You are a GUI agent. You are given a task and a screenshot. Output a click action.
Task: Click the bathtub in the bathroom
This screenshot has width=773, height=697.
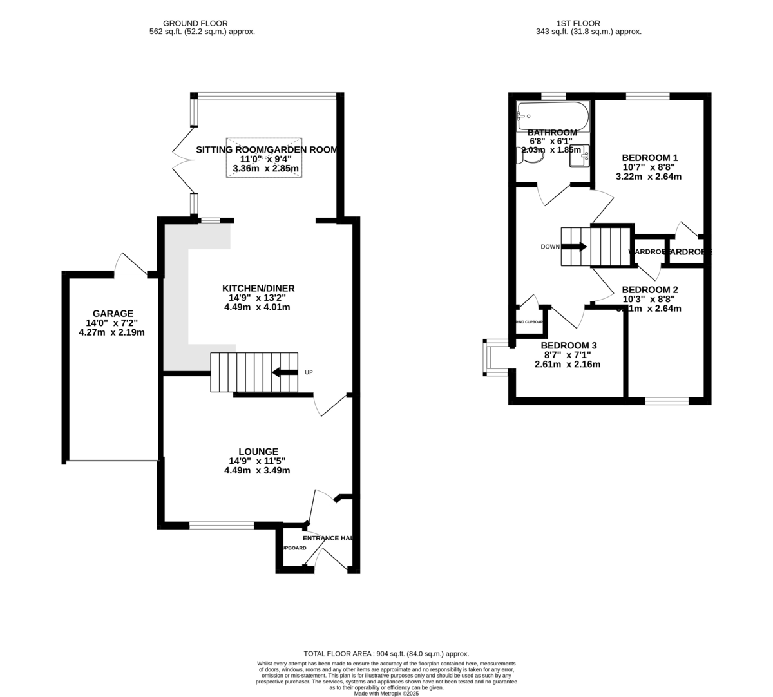553,116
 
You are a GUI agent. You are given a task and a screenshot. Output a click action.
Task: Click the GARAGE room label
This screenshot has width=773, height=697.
112,314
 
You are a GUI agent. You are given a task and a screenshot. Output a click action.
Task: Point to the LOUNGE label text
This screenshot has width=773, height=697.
258,452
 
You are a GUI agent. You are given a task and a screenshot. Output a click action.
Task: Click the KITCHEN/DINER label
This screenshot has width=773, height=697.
258,288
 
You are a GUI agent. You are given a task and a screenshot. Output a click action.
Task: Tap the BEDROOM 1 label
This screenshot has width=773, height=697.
649,157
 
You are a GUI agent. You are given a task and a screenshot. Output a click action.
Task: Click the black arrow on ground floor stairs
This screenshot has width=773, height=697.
283,372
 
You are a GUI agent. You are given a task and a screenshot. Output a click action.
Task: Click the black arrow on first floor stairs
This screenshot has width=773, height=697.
574,246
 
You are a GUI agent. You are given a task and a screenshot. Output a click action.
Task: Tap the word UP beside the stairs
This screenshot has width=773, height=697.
309,372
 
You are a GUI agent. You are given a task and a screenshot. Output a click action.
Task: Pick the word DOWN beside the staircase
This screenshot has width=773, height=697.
549,247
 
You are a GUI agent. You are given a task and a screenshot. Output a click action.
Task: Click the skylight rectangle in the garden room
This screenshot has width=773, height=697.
263,157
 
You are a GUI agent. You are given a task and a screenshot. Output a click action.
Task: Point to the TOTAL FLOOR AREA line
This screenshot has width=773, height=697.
386,654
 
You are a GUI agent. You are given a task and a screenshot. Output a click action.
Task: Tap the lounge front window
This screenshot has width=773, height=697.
222,526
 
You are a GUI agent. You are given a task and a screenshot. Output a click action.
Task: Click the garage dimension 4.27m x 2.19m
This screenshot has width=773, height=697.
112,333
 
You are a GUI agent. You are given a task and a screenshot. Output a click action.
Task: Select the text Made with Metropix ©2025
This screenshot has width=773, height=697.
386,693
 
